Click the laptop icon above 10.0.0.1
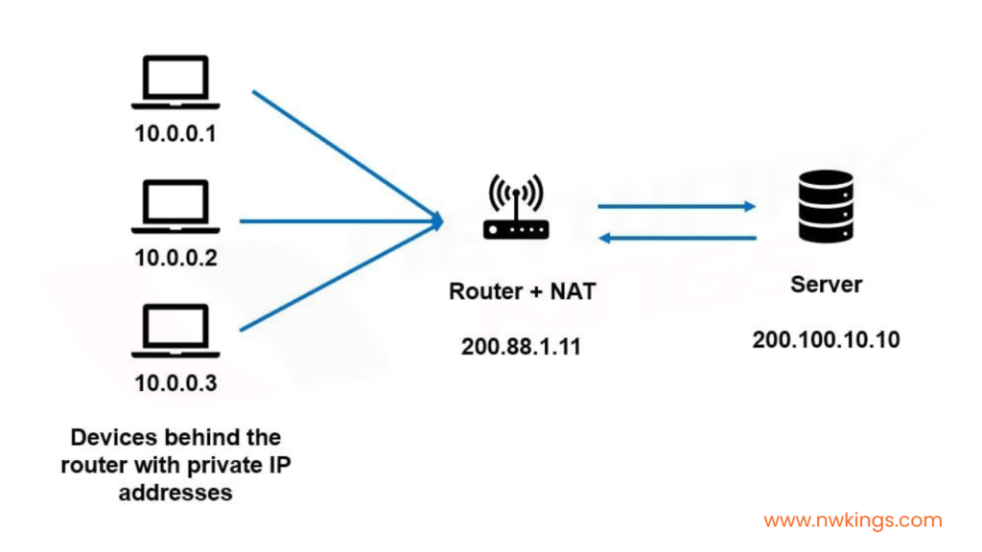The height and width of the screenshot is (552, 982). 175,82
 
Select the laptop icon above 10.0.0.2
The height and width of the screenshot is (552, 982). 175,207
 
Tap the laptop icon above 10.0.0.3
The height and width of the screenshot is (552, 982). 175,331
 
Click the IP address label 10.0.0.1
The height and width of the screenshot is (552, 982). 175,133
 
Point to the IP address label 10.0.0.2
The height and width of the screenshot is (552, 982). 176,258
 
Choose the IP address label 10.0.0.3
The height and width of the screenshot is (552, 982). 176,383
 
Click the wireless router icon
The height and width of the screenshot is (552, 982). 516,207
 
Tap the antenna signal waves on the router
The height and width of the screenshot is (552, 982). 516,191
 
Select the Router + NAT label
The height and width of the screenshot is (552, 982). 523,291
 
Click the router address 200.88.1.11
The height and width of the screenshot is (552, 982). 521,347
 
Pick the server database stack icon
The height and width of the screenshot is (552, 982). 826,206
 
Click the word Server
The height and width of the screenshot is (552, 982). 826,285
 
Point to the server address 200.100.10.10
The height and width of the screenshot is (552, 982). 826,340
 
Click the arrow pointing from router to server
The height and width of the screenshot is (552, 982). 677,206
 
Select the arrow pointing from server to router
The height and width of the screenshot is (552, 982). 677,238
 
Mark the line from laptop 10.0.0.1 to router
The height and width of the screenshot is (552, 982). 346,155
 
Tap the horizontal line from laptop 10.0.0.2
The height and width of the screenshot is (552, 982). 341,221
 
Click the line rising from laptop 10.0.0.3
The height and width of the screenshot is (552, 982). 341,276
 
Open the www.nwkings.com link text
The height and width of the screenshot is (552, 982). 853,520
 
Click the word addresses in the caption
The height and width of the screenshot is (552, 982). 175,493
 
